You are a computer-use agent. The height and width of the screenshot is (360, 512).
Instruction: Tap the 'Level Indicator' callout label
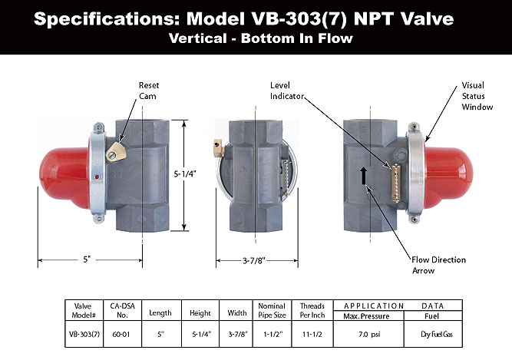point(288,90)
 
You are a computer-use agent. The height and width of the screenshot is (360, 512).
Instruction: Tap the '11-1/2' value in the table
point(312,335)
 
